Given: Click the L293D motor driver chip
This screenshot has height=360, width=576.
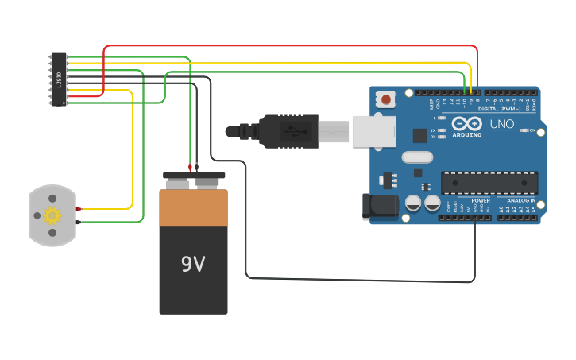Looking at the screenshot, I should (x=59, y=79).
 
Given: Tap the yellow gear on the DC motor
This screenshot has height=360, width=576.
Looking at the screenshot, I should (x=52, y=215).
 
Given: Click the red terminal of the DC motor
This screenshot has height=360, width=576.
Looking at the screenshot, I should (x=79, y=209).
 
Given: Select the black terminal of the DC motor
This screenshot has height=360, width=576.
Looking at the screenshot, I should (x=79, y=222).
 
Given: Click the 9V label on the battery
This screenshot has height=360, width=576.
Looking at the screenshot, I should (x=193, y=264).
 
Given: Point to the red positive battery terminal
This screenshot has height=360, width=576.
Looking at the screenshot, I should (x=190, y=168).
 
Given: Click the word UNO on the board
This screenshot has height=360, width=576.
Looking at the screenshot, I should (x=501, y=124).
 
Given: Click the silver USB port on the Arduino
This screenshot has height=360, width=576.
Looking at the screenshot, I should (x=373, y=131).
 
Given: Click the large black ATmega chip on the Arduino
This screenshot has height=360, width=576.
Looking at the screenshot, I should (x=489, y=183).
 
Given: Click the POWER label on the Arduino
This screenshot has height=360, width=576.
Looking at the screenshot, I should (x=481, y=201).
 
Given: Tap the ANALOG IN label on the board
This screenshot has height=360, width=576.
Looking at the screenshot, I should (x=521, y=201).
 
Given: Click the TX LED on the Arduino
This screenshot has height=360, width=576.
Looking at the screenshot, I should (x=442, y=130).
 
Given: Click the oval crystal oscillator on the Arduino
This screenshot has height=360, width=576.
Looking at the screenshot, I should (x=417, y=157).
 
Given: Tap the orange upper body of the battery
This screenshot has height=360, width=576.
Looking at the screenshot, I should (x=193, y=208).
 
